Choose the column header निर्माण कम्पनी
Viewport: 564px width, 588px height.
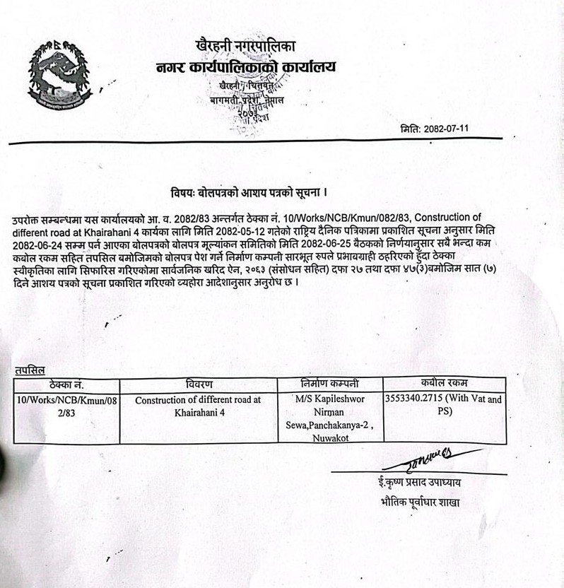tap(329, 384)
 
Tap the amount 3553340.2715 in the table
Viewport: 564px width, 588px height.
tap(418, 399)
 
